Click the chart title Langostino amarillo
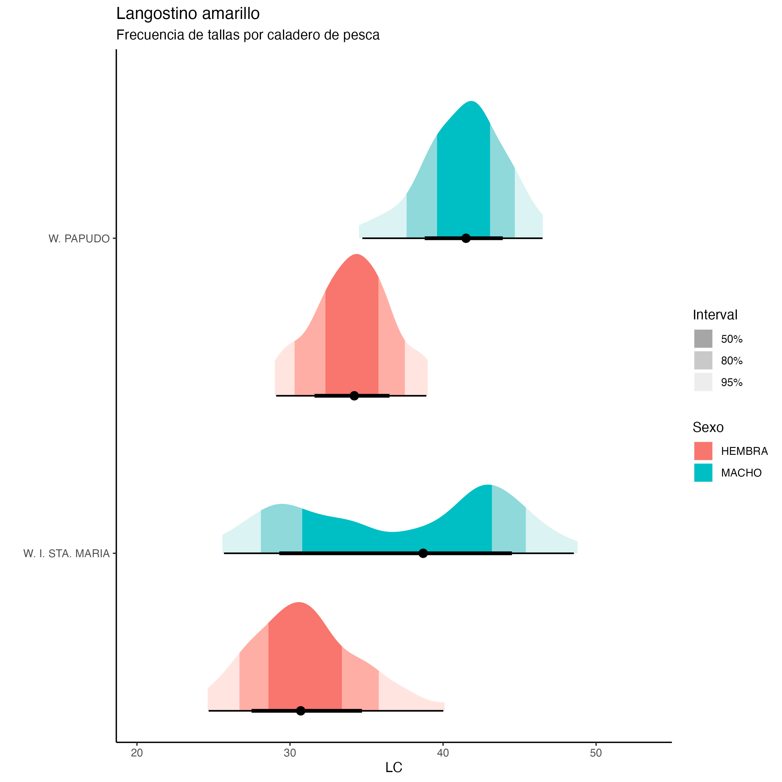pos(188,14)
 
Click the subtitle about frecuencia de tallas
pos(248,35)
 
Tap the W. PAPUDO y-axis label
pos(79,239)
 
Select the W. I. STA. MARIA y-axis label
pos(67,553)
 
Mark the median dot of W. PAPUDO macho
pos(466,238)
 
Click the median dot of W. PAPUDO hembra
pos(354,396)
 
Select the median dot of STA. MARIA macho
pos(423,553)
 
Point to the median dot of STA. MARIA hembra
pos(300,711)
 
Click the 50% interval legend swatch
pos(703,339)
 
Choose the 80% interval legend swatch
pos(703,360)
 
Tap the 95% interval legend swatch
pos(703,382)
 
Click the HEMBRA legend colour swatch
pos(703,451)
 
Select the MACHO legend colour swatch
pos(703,473)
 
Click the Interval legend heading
pos(715,315)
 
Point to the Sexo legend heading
pos(708,427)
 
